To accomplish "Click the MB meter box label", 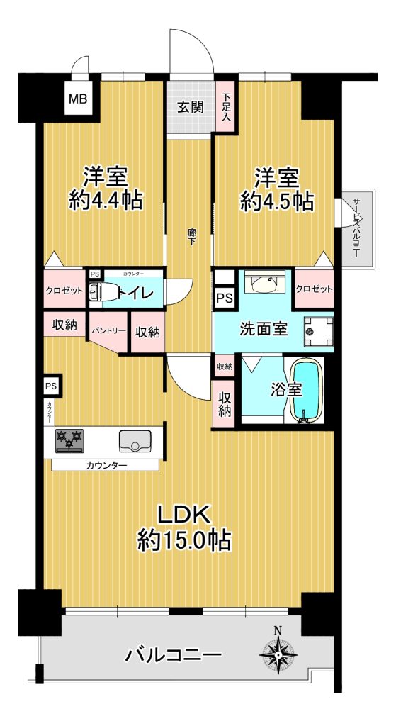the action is pyautogui.click(x=78, y=98).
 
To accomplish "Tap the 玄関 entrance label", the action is pyautogui.click(x=191, y=107).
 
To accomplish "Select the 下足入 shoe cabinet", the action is pyautogui.click(x=226, y=106).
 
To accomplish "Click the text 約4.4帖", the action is pyautogui.click(x=106, y=200).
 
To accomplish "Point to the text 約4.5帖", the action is pyautogui.click(x=277, y=201).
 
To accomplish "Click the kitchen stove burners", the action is pyautogui.click(x=69, y=441).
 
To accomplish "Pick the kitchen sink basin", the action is pyautogui.click(x=135, y=441).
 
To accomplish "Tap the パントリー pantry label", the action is pyautogui.click(x=108, y=331).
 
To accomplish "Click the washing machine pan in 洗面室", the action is pyautogui.click(x=318, y=332).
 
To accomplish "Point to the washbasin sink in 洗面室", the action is pyautogui.click(x=261, y=284).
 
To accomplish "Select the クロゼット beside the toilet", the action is pyautogui.click(x=64, y=289).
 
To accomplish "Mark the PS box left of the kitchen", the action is pyautogui.click(x=52, y=386).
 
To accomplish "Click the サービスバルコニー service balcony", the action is pyautogui.click(x=359, y=228).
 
